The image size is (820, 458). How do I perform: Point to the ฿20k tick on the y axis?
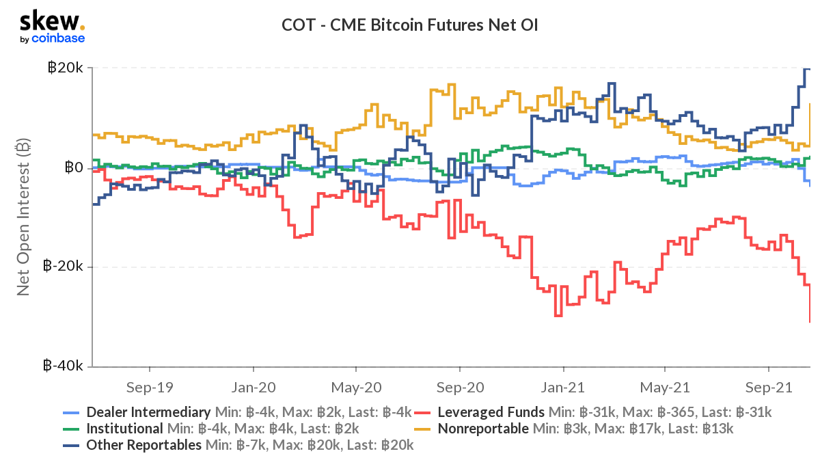tap(65, 68)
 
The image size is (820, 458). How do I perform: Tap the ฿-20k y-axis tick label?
tap(63, 267)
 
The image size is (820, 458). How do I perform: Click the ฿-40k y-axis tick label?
tap(63, 366)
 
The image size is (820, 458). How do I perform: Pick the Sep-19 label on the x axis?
tap(150, 387)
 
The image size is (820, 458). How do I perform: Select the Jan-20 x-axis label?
tap(253, 387)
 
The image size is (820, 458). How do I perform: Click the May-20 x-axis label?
tap(356, 387)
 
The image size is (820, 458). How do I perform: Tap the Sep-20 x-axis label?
tap(460, 387)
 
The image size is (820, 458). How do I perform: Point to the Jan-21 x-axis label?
tap(564, 387)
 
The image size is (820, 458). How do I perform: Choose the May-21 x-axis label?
tap(666, 387)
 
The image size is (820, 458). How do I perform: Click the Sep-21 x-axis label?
tap(769, 387)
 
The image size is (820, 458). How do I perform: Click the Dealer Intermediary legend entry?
tap(148, 412)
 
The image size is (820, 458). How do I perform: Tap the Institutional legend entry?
tap(124, 429)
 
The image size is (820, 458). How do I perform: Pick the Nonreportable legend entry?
tap(482, 429)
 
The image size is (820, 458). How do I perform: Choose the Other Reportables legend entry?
tap(143, 445)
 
